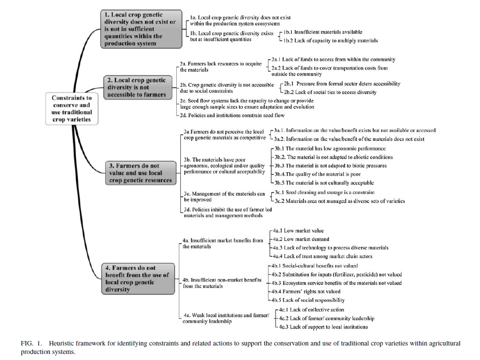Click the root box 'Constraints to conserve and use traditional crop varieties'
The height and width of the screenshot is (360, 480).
pos(71,109)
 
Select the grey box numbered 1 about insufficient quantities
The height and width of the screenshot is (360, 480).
pos(141,29)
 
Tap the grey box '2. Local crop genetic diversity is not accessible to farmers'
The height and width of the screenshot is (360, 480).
pos(137,87)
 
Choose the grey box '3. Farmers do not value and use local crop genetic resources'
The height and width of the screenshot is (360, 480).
pos(141,173)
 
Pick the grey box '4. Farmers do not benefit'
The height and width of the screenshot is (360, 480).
pos(138,279)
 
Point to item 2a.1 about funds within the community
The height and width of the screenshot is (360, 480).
pos(333,59)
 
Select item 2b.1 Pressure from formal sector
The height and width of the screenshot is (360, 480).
pos(342,83)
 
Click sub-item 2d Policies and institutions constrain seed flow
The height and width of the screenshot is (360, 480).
pos(232,115)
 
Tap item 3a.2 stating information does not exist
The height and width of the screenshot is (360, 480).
pos(349,139)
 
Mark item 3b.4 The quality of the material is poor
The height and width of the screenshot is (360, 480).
pos(318,174)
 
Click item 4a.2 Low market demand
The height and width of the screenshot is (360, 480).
pos(301,239)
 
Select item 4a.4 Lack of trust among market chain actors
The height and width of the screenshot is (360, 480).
pos(323,256)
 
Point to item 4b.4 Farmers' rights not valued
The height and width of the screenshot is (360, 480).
pos(306,291)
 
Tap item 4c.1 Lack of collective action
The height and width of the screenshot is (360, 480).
pos(311,309)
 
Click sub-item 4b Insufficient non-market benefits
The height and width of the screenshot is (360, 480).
pos(222,283)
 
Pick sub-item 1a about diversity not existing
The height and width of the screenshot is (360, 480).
pos(240,20)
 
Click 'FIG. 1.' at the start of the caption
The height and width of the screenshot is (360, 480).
pos(31,343)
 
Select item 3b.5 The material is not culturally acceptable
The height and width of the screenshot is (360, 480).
pos(324,183)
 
